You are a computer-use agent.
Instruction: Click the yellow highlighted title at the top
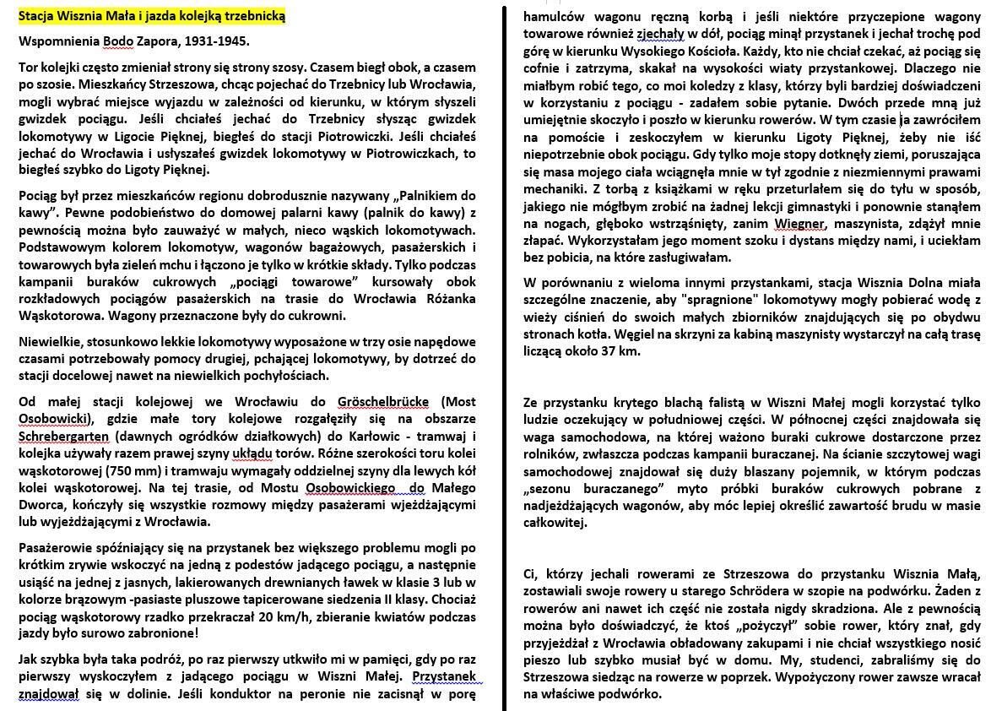click(152, 16)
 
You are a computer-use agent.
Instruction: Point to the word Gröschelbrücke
click(383, 402)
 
